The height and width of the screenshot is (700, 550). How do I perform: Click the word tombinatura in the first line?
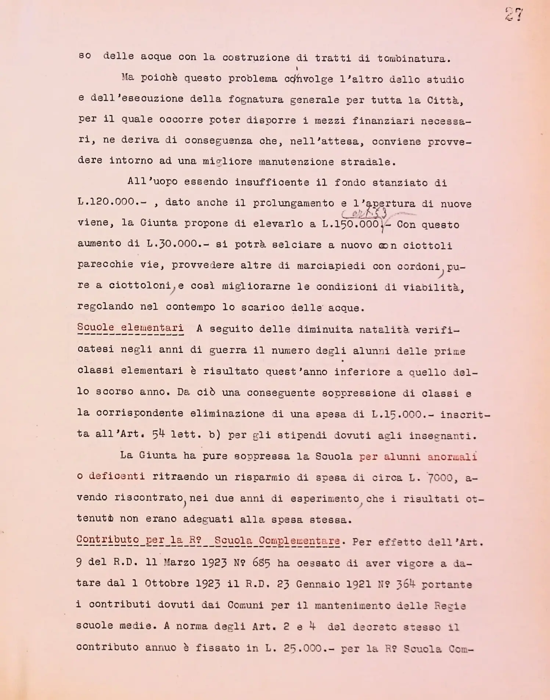(414, 58)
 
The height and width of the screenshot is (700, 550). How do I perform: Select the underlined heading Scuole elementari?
(130, 327)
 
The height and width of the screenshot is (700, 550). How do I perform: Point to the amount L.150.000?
(351, 224)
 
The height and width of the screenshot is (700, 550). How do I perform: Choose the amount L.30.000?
(177, 244)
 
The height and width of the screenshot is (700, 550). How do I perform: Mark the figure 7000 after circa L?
(440, 478)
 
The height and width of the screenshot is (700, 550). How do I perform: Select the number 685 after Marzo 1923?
(261, 563)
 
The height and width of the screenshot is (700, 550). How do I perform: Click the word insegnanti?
(442, 436)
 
